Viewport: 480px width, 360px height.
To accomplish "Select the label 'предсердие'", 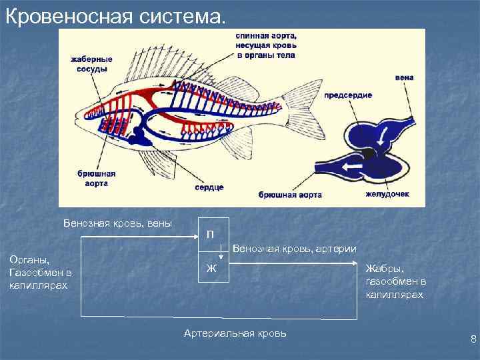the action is click(x=348, y=95).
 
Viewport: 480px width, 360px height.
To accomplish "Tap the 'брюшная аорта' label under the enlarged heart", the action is click(x=290, y=195).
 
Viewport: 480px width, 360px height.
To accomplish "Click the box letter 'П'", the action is click(x=210, y=234).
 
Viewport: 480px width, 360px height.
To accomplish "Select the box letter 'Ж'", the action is click(x=211, y=269).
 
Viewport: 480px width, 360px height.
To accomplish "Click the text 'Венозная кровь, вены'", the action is click(x=117, y=223).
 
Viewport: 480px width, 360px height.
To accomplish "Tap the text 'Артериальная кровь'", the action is click(x=235, y=333).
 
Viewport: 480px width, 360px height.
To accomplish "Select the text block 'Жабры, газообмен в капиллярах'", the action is click(x=395, y=281).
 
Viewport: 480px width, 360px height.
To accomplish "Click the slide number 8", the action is click(x=473, y=339).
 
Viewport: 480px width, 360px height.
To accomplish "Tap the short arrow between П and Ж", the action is click(x=220, y=252).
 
